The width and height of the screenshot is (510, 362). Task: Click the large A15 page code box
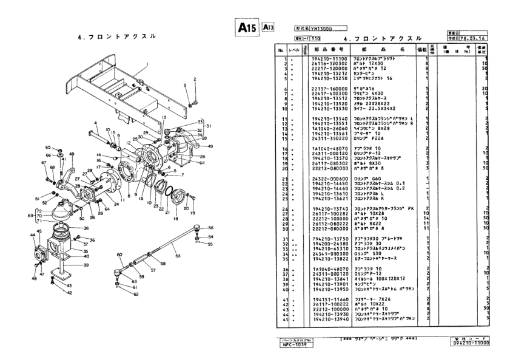click(246, 27)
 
